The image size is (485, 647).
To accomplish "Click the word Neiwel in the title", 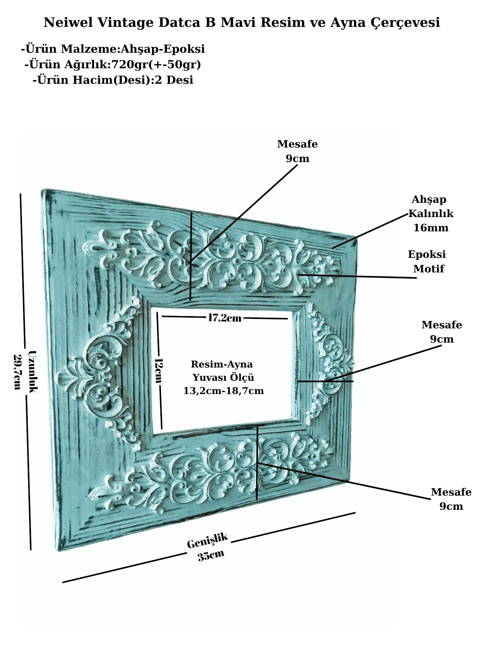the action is (69, 23).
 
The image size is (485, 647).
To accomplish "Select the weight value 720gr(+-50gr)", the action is (156, 65).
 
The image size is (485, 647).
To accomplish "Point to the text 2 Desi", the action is (174, 80).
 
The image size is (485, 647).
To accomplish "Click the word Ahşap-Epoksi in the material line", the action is (163, 49).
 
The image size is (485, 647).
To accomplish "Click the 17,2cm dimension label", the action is (224, 318).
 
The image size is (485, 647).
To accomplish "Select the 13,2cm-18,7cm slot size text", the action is (223, 391).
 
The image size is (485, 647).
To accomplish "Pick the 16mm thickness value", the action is (431, 228).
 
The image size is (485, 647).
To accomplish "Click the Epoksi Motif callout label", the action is (427, 261).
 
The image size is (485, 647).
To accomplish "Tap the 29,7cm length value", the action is (17, 372).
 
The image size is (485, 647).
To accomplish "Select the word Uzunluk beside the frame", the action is (33, 371).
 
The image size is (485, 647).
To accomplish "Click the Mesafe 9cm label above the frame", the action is (297, 151).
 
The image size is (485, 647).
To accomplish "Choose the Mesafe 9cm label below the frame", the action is (451, 499).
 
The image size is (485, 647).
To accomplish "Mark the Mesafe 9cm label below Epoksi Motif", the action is (442, 332).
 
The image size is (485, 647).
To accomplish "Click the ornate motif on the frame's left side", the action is (97, 374).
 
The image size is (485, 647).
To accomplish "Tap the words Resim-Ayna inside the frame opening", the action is (222, 364).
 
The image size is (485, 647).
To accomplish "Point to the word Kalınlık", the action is (431, 214).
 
